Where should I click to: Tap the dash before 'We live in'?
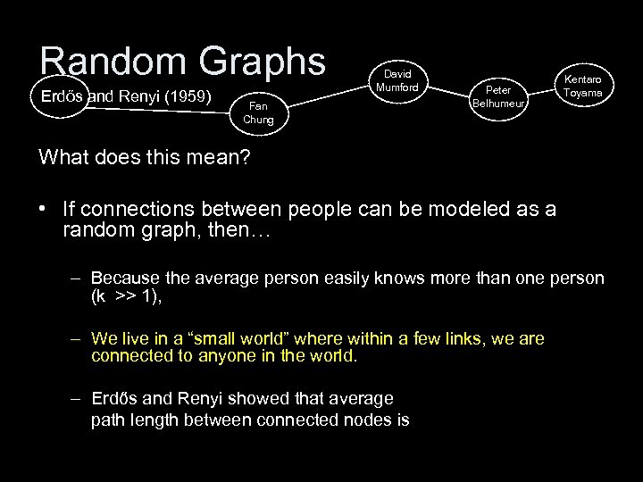click(79, 338)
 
